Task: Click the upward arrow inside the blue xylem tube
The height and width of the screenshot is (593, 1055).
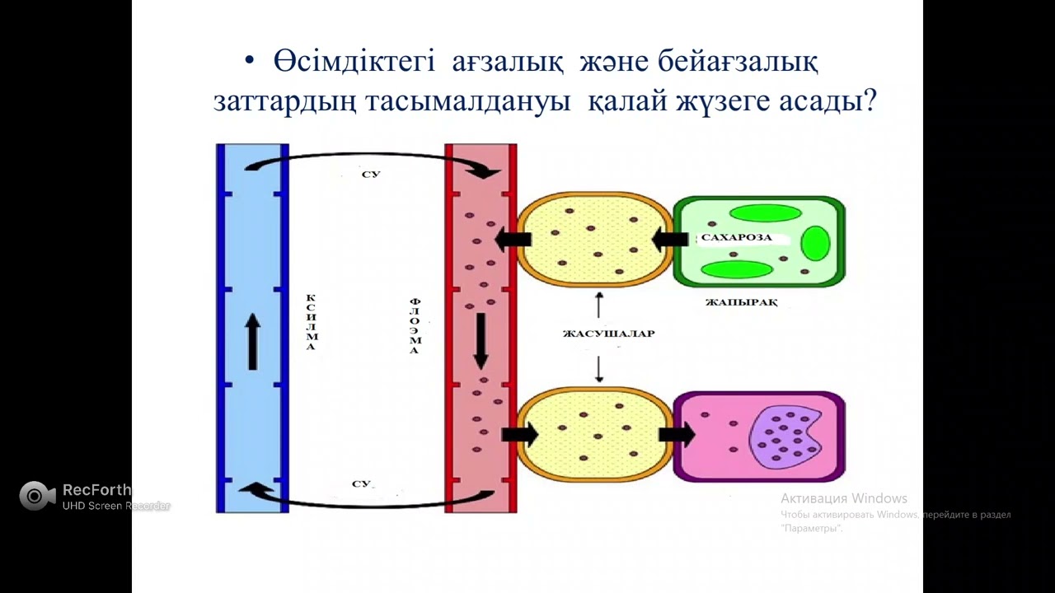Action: point(253,342)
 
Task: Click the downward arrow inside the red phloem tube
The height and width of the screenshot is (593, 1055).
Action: point(481,340)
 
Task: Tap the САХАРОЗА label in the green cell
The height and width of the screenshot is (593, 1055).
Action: point(736,237)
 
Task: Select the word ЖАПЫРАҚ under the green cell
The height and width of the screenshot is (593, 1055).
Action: point(741,302)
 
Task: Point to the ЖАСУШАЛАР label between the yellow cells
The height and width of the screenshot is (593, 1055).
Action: point(608,334)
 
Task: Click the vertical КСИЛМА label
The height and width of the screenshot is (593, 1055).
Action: point(311,321)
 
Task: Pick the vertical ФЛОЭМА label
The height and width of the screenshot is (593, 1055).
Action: point(415,326)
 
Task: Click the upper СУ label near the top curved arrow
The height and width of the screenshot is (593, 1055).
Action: point(371,175)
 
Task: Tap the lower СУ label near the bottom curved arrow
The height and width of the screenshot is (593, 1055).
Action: point(362,483)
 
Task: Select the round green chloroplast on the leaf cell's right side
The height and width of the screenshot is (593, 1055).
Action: point(815,244)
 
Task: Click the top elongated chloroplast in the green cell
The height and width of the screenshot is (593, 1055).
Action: point(765,213)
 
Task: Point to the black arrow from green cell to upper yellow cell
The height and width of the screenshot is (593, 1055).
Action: point(670,240)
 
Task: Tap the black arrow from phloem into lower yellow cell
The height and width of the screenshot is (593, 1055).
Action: point(519,434)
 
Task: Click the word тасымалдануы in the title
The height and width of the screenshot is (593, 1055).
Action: point(473,101)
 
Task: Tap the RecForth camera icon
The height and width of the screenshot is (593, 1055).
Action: point(35,496)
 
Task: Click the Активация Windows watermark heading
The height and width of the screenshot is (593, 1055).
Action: point(843,498)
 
